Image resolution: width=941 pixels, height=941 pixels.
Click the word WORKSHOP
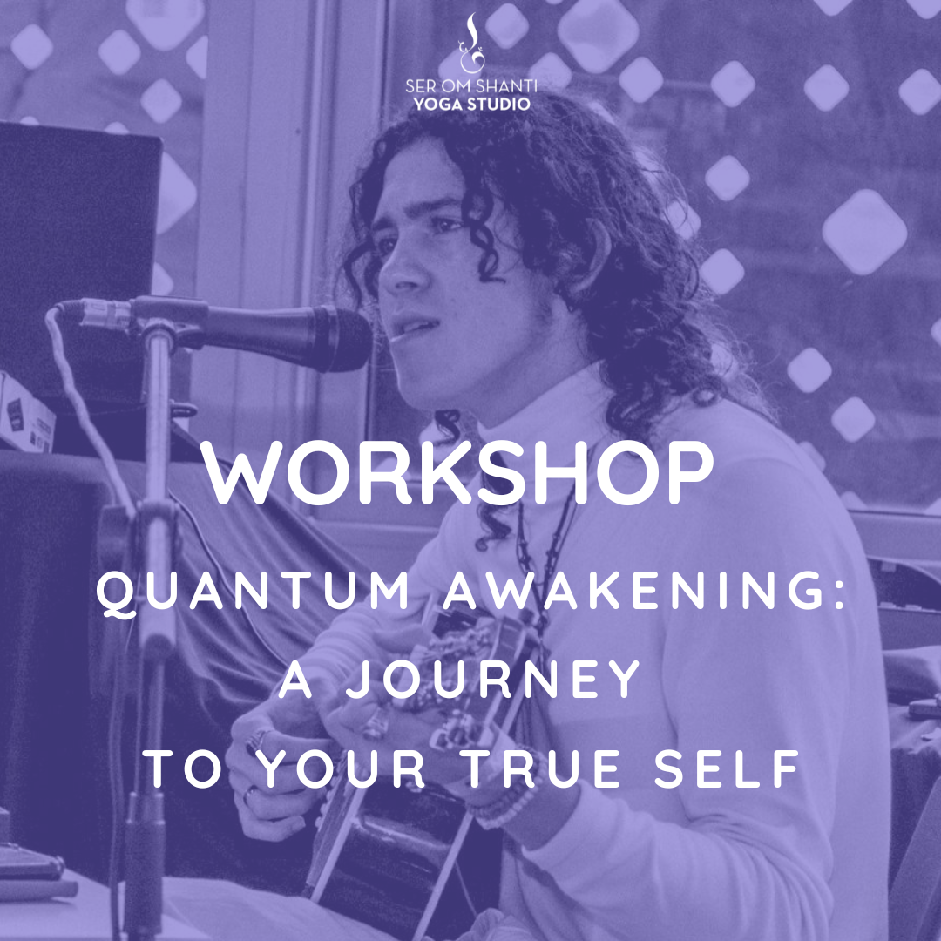point(459,473)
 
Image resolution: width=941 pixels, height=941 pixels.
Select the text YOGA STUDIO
point(471,104)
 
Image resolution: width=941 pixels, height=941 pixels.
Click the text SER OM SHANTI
point(471,85)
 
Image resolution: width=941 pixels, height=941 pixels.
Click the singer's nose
point(397,273)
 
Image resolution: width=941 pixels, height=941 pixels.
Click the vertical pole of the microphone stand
point(157,600)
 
